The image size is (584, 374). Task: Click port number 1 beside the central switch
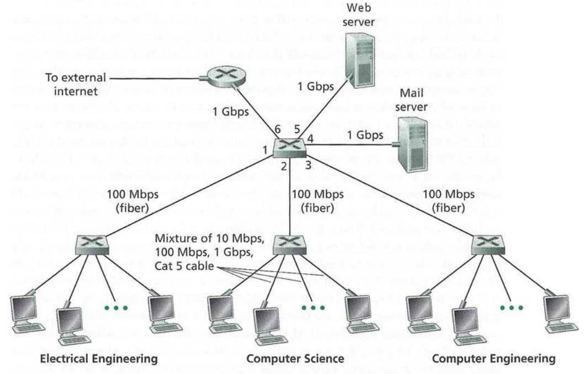coord(265,150)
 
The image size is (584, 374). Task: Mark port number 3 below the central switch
coord(309,165)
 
